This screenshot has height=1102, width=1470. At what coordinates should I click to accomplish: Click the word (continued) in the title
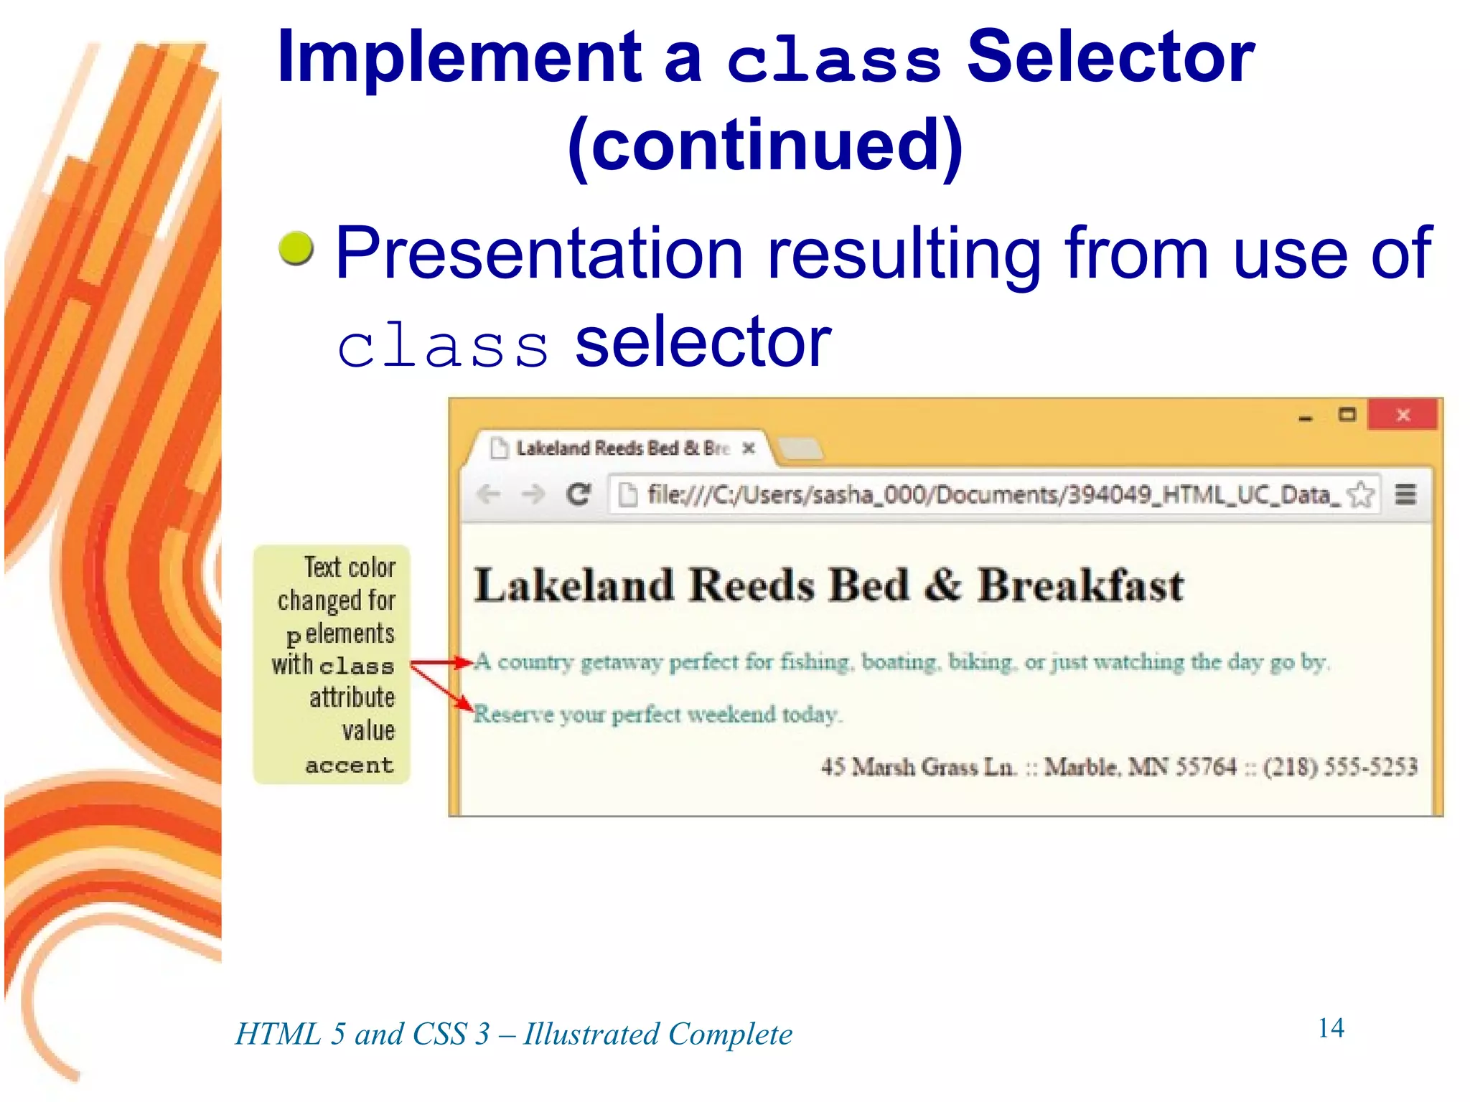[x=765, y=146]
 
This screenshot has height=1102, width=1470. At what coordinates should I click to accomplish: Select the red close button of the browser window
[x=1403, y=415]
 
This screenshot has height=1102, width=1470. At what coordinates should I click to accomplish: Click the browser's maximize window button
[x=1347, y=415]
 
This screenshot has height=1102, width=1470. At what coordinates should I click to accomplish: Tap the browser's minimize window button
[x=1306, y=418]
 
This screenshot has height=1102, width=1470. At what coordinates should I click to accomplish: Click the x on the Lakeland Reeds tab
[x=749, y=448]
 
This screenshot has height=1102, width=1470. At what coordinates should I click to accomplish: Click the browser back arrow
[x=489, y=494]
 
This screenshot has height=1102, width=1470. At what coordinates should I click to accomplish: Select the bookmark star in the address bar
[x=1360, y=494]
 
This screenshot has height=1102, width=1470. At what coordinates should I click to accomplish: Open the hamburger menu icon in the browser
[x=1405, y=494]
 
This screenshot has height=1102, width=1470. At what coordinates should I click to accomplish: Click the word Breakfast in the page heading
[x=1080, y=585]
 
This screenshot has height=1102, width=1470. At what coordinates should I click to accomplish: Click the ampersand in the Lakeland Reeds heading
[x=942, y=585]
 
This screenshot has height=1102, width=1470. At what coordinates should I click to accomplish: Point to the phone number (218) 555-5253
[x=1340, y=767]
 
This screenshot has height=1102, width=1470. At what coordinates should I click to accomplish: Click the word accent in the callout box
[x=350, y=766]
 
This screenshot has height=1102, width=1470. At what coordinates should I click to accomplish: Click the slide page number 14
[x=1331, y=1027]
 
